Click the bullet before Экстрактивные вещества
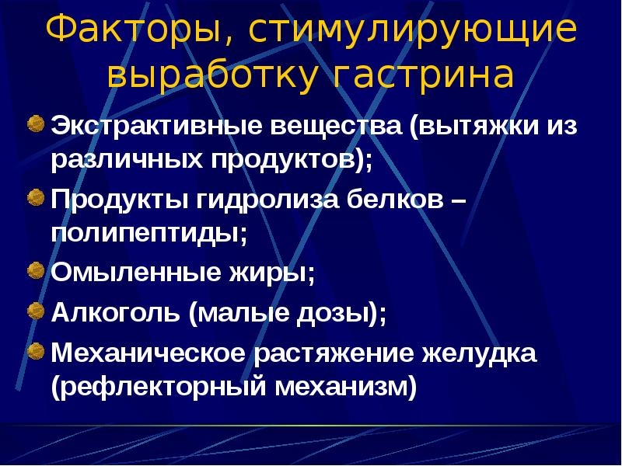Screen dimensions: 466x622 pyautogui.click(x=36, y=123)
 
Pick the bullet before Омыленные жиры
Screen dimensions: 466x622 pyautogui.click(x=36, y=271)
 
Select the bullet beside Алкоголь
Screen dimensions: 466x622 pyautogui.click(x=36, y=311)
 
